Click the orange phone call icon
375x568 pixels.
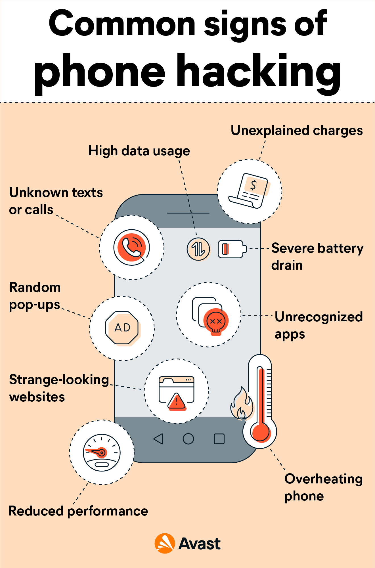[131, 247]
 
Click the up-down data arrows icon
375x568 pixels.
[198, 249]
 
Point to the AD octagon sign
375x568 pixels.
[122, 328]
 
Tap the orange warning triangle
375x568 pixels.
[177, 402]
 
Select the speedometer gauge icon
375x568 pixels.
[102, 452]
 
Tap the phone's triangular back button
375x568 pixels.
[159, 439]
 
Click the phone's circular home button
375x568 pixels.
[188, 439]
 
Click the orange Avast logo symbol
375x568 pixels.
[165, 543]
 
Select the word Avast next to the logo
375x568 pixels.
[200, 544]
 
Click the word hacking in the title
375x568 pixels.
[258, 71]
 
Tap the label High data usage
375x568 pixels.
[139, 151]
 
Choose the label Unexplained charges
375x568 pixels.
[297, 131]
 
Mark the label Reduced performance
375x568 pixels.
[78, 511]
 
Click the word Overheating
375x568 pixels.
[323, 479]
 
